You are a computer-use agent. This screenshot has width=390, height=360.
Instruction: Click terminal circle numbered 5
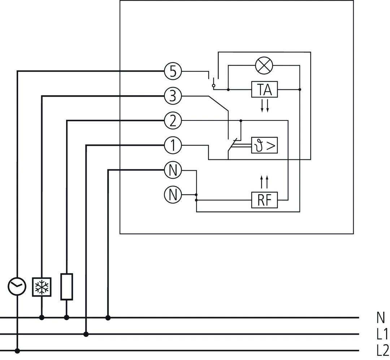(173, 71)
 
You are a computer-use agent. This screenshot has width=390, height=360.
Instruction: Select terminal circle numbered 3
(173, 96)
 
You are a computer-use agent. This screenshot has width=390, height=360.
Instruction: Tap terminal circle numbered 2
(173, 120)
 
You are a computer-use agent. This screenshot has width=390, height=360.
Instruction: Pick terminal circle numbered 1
(173, 145)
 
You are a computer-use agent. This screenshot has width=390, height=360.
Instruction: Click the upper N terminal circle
(173, 170)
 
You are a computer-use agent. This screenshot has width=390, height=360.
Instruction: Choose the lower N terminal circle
(173, 195)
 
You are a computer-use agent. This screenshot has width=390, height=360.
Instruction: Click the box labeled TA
(264, 89)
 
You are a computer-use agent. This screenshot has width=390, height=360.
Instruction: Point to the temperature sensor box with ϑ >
(264, 146)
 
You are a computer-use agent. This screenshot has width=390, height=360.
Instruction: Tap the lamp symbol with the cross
(264, 66)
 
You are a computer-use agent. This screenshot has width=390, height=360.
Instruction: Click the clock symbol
(17, 287)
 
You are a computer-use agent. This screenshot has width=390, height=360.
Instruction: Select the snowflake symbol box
(42, 287)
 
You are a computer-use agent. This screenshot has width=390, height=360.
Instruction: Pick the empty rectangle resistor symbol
(66, 287)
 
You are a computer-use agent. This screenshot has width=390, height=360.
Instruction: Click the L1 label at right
(382, 334)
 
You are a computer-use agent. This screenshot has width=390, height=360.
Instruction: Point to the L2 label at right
(382, 350)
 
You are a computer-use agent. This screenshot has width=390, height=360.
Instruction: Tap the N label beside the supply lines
(381, 317)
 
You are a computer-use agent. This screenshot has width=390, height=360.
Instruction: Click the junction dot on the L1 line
(86, 334)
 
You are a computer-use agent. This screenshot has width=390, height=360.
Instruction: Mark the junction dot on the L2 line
(17, 351)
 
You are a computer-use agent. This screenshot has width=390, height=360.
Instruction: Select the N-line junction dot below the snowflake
(42, 317)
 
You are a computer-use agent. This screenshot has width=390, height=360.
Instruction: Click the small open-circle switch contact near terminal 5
(213, 86)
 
